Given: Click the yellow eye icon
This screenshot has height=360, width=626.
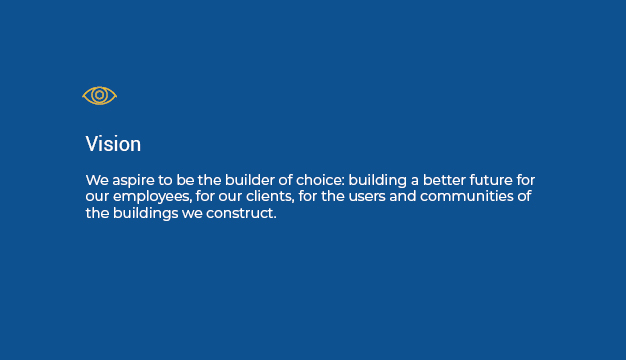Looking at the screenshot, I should (x=99, y=95).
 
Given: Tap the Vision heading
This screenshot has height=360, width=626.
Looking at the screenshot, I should (x=113, y=144).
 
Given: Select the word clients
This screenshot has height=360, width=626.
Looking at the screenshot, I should (x=268, y=196).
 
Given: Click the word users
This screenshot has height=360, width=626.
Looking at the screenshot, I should (x=362, y=196).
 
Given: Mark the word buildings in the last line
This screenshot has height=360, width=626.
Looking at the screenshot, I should (x=145, y=214).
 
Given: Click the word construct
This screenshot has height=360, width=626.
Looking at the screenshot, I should (x=240, y=214).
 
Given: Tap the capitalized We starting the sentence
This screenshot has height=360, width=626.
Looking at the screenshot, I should (x=96, y=179).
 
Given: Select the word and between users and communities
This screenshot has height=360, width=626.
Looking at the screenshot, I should (x=402, y=196).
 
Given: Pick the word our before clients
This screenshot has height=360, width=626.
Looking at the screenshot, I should (x=230, y=196).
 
